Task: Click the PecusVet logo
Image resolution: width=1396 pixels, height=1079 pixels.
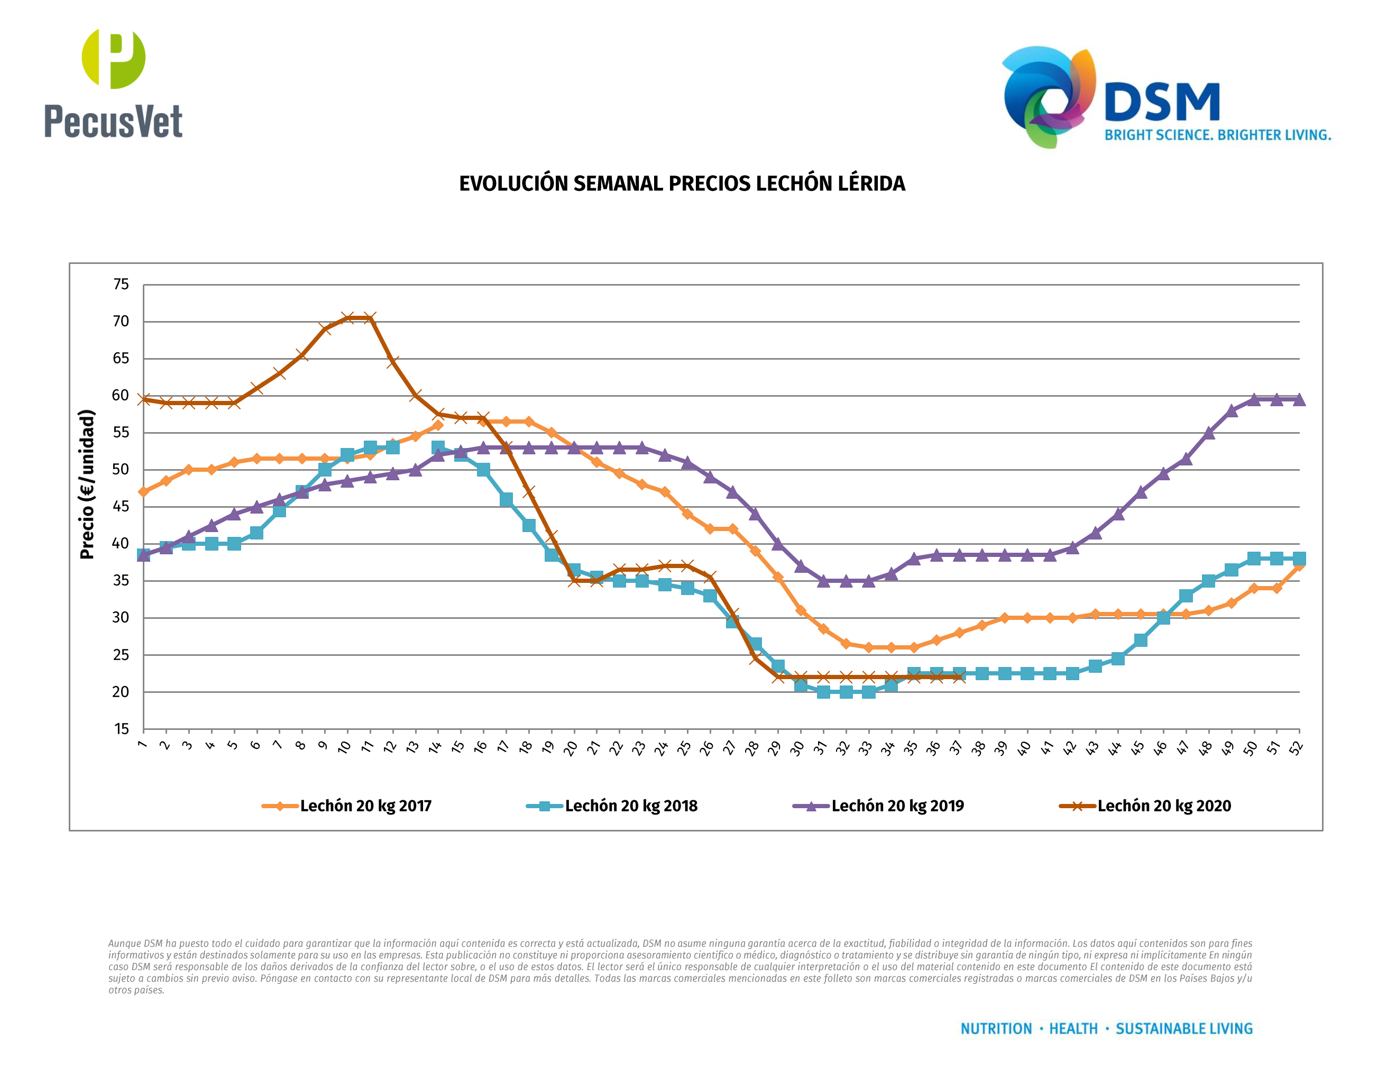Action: [113, 83]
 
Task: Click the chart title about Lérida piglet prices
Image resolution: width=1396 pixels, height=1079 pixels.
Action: [682, 184]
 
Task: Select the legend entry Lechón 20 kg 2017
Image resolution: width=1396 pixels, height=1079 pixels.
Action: [365, 806]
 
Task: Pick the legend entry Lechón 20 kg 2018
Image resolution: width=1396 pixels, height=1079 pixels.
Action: [630, 806]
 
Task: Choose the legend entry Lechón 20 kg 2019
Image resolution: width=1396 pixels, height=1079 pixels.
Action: [897, 806]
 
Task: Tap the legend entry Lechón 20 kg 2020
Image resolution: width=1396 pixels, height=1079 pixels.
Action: [1163, 806]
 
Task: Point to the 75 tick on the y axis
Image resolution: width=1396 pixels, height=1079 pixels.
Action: [121, 285]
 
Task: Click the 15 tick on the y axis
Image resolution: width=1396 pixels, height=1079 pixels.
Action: [121, 729]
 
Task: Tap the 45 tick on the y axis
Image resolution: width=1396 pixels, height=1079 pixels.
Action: [121, 507]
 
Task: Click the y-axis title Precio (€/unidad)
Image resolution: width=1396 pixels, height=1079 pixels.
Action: [87, 484]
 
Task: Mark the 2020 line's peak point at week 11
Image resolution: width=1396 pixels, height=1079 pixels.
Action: [370, 318]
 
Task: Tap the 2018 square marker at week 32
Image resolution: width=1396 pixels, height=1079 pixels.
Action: [846, 692]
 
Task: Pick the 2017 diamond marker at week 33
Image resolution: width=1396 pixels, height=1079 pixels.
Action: [868, 647]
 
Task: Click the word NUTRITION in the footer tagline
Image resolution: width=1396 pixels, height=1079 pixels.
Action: [996, 1029]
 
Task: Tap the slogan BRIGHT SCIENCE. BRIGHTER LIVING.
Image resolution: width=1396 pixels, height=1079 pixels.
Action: [1217, 135]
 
